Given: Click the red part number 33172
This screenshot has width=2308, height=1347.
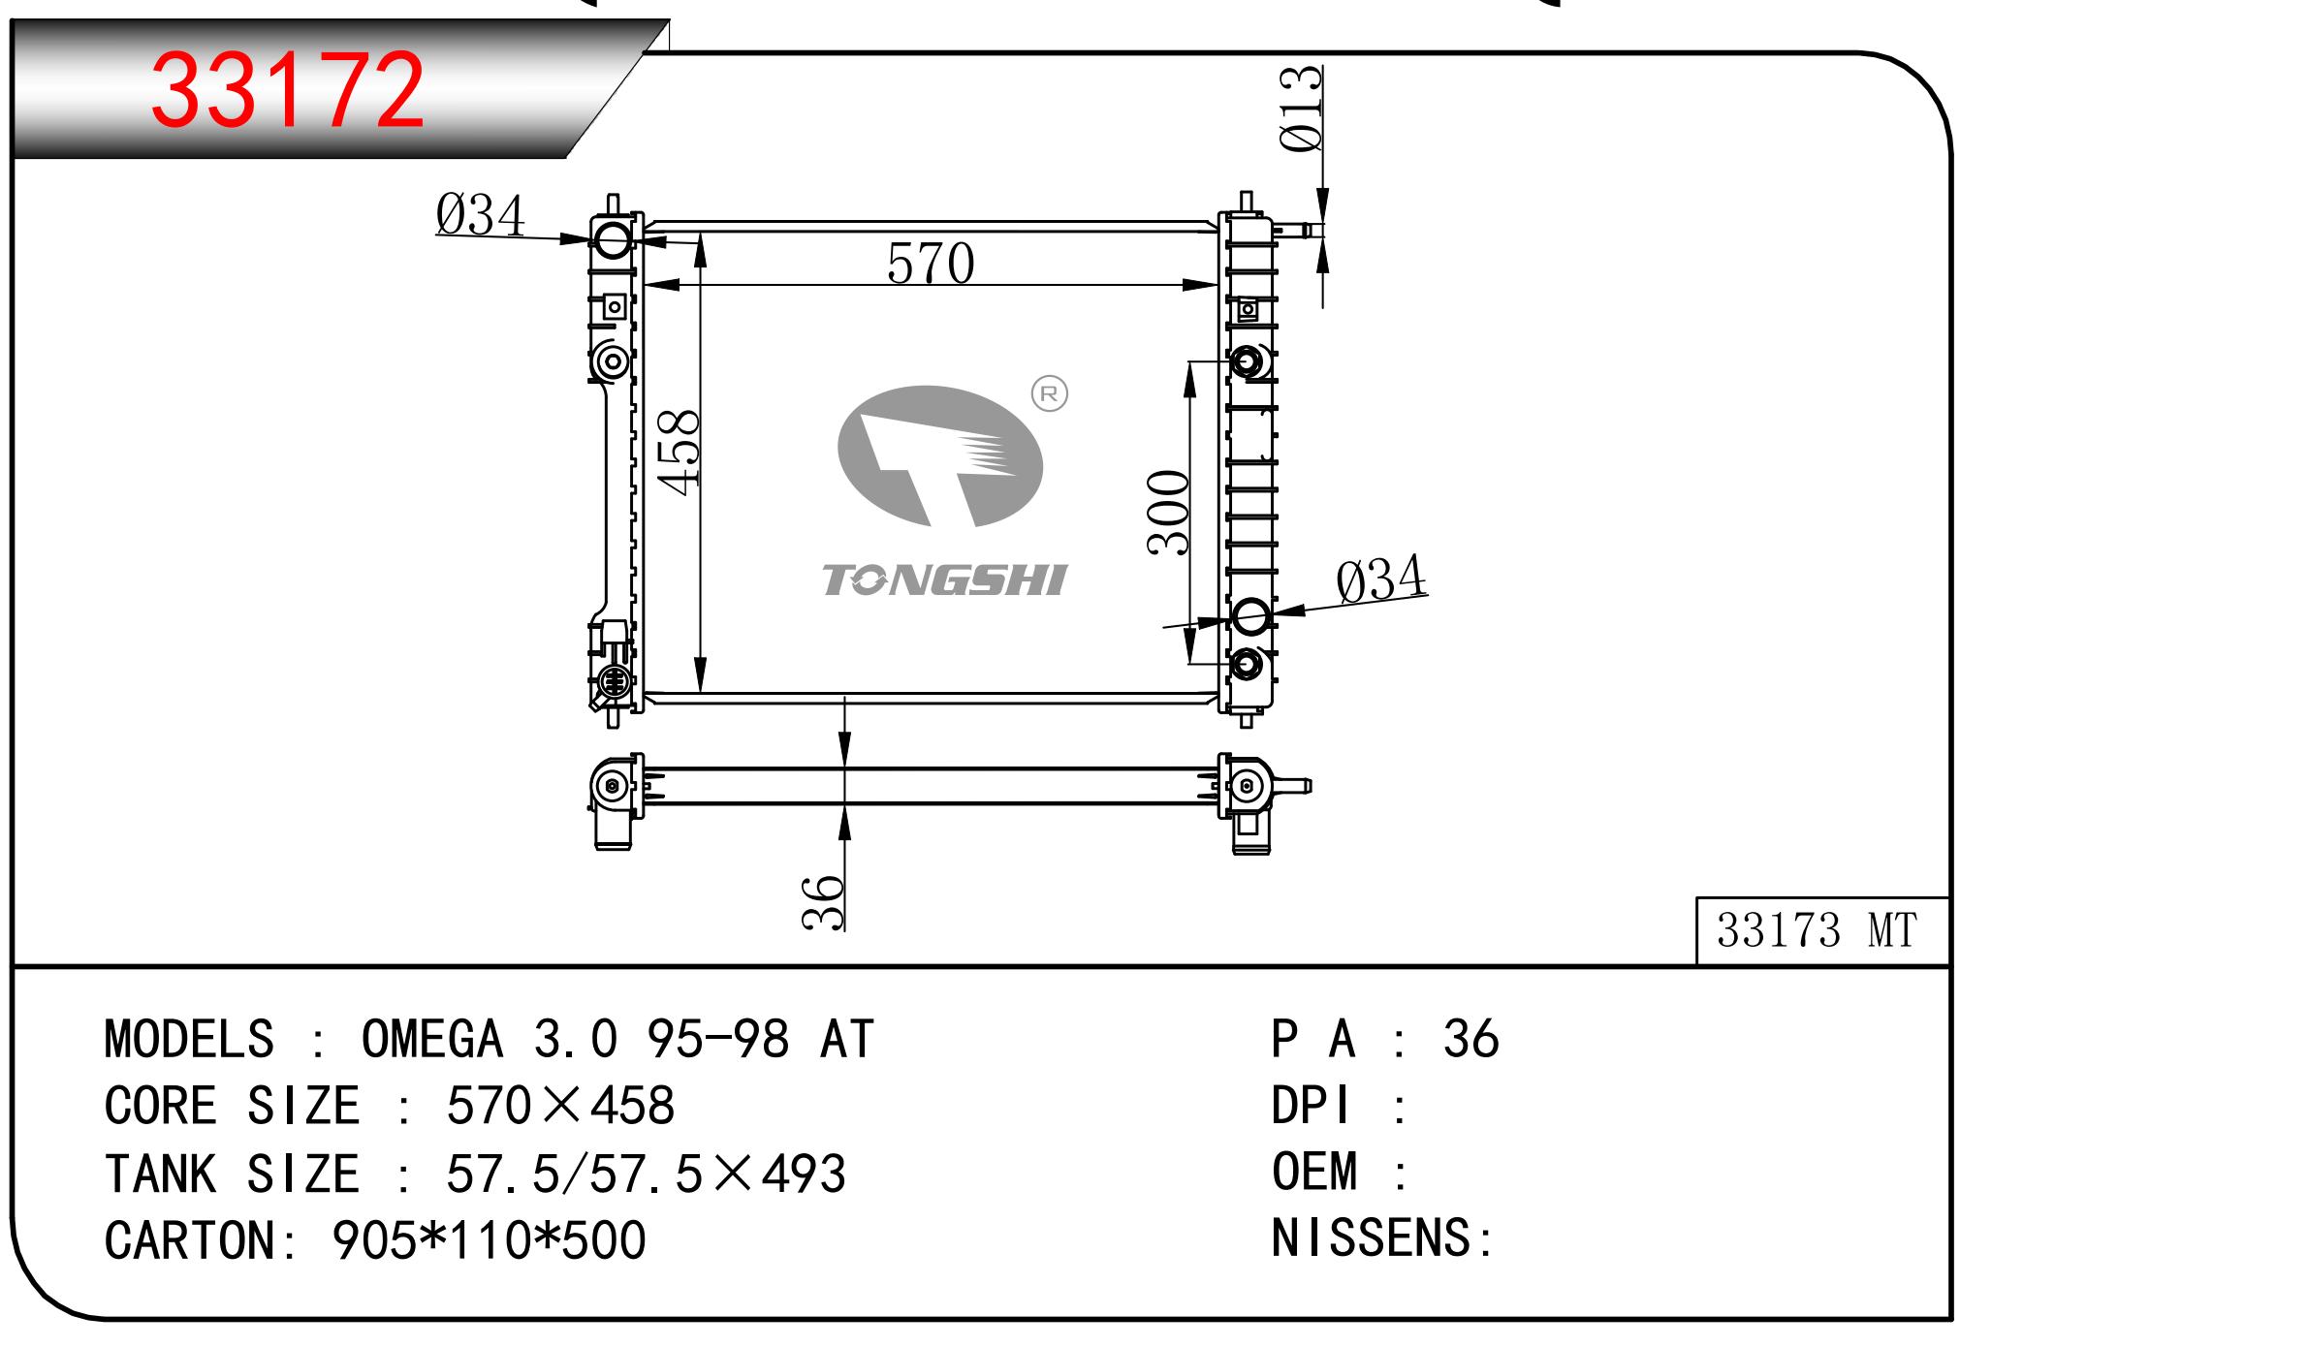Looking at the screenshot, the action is [x=288, y=88].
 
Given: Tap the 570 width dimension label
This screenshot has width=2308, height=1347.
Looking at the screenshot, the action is [x=931, y=263].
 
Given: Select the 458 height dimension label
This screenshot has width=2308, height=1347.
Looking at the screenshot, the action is [x=679, y=453].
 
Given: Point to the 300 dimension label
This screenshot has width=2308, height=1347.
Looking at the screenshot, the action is [x=1168, y=513].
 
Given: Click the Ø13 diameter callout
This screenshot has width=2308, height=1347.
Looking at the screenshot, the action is [x=1301, y=109].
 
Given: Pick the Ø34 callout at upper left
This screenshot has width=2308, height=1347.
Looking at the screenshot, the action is [x=480, y=215].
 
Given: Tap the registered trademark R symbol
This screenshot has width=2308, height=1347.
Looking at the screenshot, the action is [x=1049, y=393].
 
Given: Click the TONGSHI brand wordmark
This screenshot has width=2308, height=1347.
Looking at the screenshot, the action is [x=944, y=580].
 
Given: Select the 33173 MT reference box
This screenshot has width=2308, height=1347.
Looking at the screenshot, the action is [x=1822, y=930].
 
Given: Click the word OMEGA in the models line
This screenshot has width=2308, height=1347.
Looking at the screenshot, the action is [x=432, y=1039].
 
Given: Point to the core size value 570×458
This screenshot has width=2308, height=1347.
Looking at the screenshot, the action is [x=560, y=1106].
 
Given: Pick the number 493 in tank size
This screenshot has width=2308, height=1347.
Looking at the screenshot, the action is [x=804, y=1174].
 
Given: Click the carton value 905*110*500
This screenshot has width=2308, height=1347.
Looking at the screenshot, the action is [x=490, y=1240].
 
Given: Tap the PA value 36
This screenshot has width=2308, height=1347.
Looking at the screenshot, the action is [x=1470, y=1039].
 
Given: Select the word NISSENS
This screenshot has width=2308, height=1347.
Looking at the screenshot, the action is [x=1371, y=1238].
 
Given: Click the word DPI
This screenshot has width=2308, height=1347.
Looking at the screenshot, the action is [x=1311, y=1106].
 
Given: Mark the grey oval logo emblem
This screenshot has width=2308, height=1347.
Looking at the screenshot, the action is [x=939, y=456].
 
